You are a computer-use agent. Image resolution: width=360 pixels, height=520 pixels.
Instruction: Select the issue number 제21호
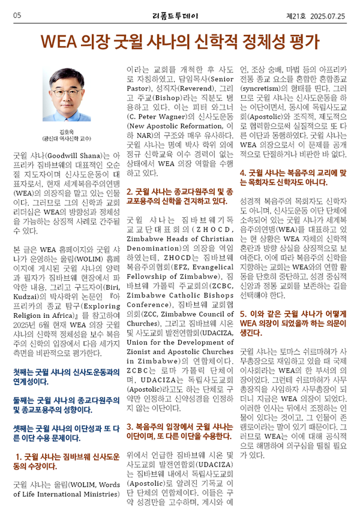click(296, 14)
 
